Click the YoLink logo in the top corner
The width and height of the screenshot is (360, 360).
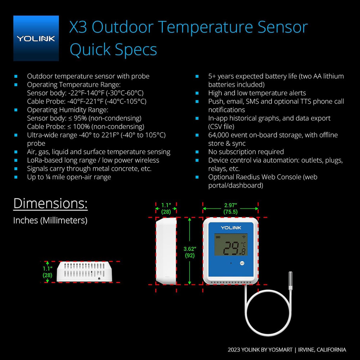pos(36,38)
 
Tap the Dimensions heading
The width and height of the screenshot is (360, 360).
pos(50,203)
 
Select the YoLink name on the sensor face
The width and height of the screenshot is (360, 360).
pos(231,228)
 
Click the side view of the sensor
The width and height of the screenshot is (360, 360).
pos(166,251)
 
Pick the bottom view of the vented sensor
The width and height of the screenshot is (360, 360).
pos(84,271)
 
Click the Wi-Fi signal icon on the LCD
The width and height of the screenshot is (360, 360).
pos(244,237)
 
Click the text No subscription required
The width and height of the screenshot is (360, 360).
pos(246,152)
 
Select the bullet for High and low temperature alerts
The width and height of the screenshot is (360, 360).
pos(197,93)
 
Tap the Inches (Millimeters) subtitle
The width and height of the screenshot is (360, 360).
pos(50,220)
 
